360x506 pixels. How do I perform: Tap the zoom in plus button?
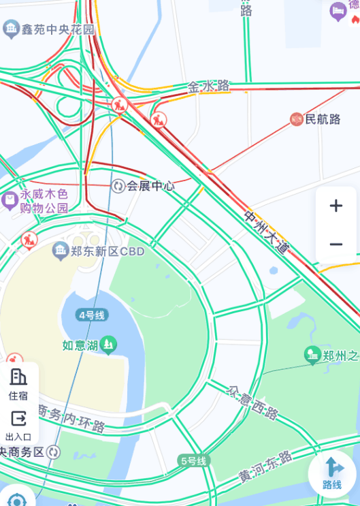coord(336,206)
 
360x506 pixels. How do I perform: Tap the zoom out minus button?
coord(336,244)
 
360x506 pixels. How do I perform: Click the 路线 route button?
coord(332,473)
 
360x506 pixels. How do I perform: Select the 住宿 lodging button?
coord(18,383)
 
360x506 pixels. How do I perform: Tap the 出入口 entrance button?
coord(18,424)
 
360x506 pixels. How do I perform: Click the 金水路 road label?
coord(209,87)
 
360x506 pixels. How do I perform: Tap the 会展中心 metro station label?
coord(150,186)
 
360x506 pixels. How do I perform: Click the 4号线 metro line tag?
coord(92,315)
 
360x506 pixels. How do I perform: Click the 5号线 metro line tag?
coord(193,460)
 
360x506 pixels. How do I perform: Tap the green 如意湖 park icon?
coord(108,345)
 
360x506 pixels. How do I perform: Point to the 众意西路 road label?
coord(253,402)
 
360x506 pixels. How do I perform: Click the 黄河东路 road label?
coord(265,467)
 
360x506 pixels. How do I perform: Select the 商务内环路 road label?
coord(70,419)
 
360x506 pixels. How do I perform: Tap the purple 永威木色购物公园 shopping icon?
coord(10,201)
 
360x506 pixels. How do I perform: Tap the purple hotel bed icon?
coord(338,11)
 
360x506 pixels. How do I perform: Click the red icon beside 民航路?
coord(296,120)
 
